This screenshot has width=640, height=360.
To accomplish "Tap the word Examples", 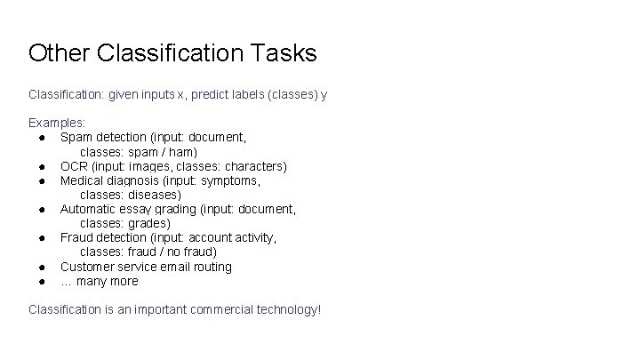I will [57, 123].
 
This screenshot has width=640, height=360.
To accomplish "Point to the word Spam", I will [76, 137].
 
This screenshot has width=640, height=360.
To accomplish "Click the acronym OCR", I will [73, 166].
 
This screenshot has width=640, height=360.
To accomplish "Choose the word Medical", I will [82, 180].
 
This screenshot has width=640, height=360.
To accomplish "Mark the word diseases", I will [153, 195].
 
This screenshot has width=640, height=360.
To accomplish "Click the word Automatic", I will [89, 209].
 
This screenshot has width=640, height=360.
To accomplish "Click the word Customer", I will [88, 267].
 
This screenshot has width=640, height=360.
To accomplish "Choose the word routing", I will [211, 267].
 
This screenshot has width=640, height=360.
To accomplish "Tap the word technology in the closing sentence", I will [286, 309].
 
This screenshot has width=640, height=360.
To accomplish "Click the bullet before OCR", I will [42, 166].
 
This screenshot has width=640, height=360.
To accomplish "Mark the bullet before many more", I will [42, 281].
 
